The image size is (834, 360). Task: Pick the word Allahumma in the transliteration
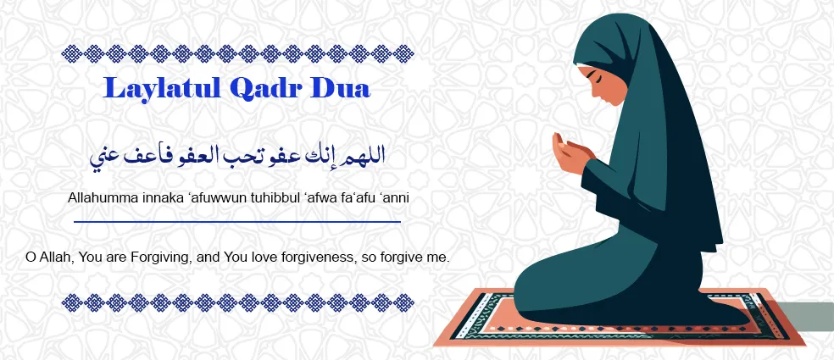(104, 197)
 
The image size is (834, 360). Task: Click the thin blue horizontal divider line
(237, 221)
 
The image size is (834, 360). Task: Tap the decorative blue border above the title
(237, 55)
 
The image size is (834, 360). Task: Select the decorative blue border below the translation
(237, 302)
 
